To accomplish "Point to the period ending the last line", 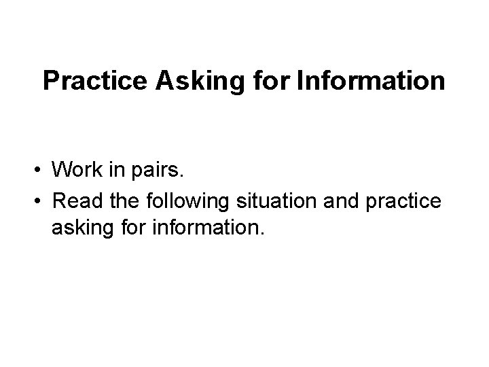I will [x=260, y=237].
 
